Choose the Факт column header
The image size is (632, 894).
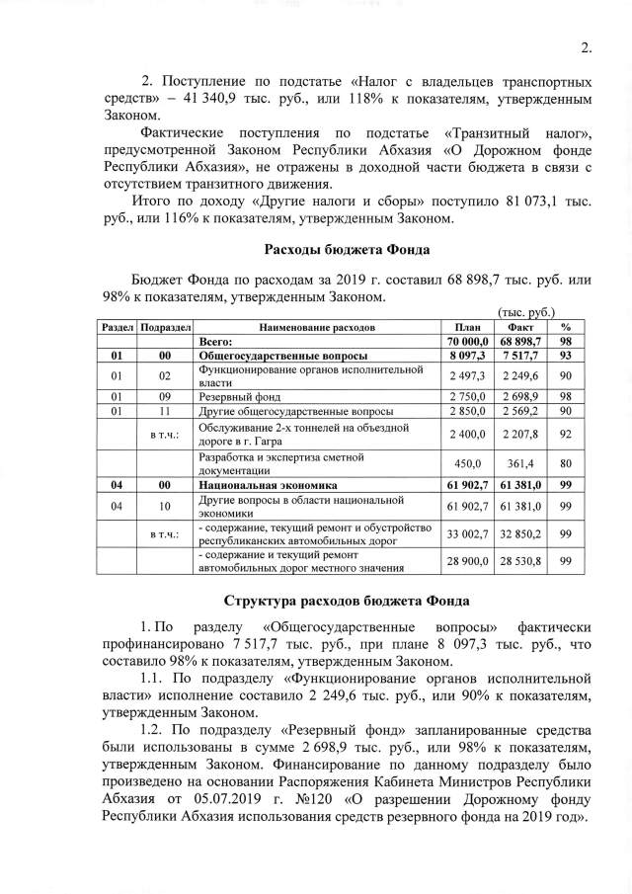click(520, 326)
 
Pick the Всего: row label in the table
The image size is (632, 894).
click(215, 340)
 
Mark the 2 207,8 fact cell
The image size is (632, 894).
click(520, 433)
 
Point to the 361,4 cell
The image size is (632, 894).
click(520, 463)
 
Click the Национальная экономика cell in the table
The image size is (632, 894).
click(268, 486)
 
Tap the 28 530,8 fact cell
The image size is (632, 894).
click(520, 561)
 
